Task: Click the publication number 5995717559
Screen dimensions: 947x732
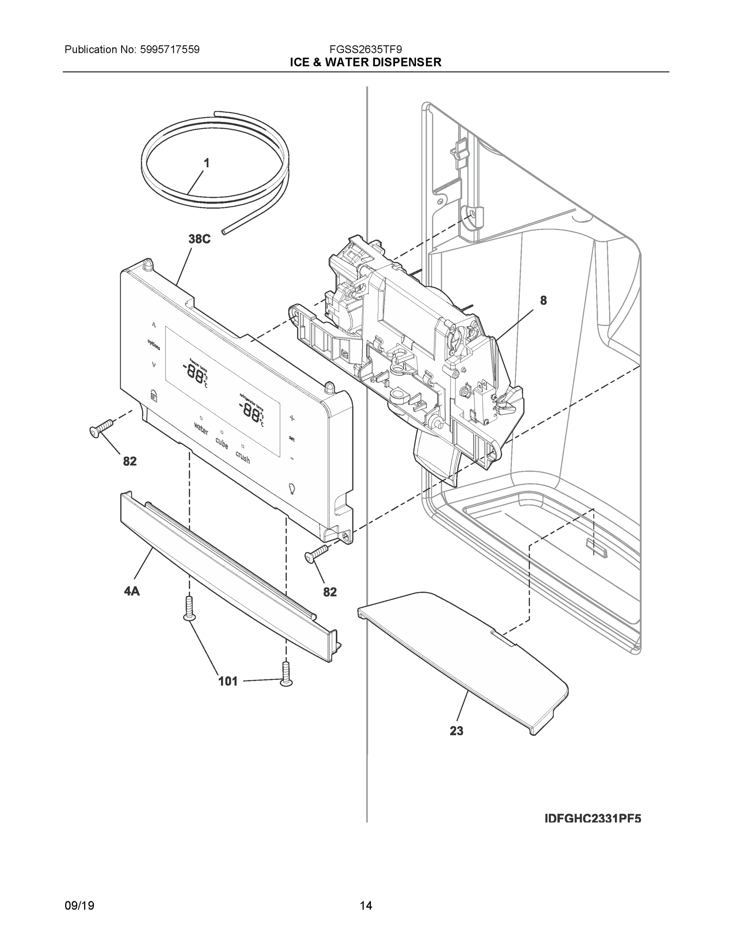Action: (x=170, y=49)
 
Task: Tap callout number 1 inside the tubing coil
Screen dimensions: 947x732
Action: (x=207, y=163)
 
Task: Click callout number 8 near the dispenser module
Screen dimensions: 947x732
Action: (x=543, y=300)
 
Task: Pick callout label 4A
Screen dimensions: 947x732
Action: (x=132, y=591)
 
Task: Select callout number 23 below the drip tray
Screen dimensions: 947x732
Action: (x=456, y=731)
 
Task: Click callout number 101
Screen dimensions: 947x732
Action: (x=228, y=681)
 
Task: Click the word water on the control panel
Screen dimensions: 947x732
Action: (x=201, y=430)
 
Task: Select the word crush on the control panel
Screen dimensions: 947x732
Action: (x=243, y=457)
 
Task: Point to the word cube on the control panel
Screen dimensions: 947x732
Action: (x=222, y=443)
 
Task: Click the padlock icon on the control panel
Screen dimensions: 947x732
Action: (x=153, y=395)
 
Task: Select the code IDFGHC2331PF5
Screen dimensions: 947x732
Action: (x=593, y=818)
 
